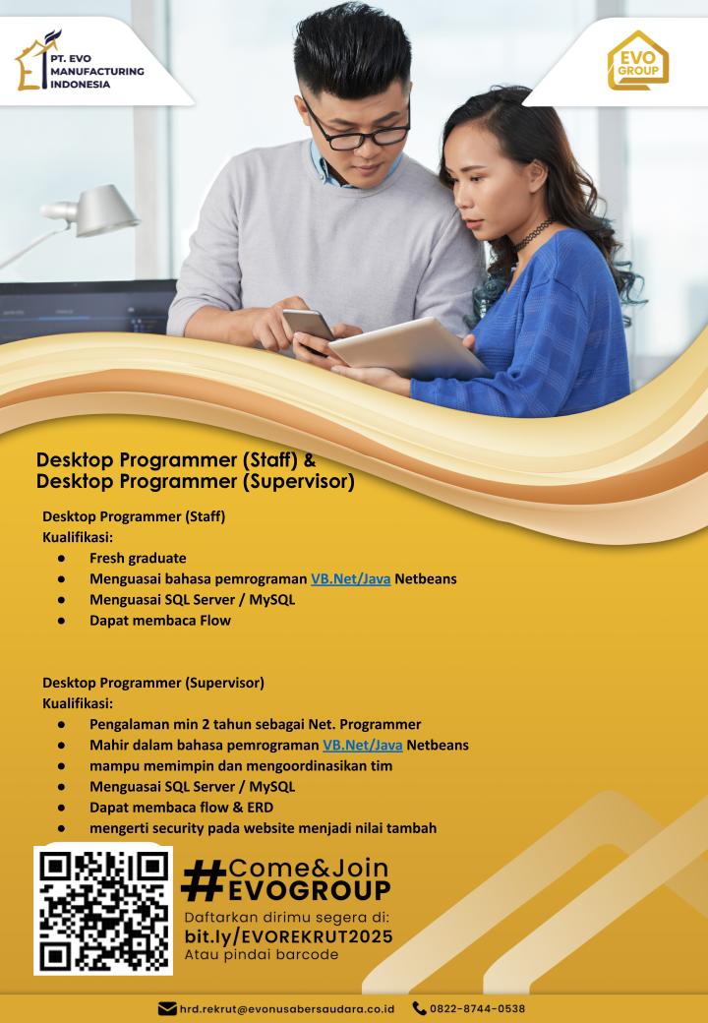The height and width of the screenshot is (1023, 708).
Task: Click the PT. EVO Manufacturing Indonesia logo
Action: [x=79, y=61]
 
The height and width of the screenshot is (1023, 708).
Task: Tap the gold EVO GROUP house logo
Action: [x=638, y=60]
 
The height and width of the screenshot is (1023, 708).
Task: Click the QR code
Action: [x=103, y=911]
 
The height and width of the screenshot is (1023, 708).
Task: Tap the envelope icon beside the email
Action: [x=167, y=1008]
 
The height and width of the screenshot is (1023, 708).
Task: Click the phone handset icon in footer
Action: [x=419, y=1008]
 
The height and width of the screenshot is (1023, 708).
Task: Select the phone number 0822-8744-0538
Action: [x=477, y=1008]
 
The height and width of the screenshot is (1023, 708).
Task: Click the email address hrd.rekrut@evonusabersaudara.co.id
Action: [x=287, y=1008]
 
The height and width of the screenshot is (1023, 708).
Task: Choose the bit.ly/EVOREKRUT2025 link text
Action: [x=288, y=936]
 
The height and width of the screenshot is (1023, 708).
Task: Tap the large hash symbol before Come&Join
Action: [x=204, y=880]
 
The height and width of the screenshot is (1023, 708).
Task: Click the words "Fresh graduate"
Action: [x=138, y=558]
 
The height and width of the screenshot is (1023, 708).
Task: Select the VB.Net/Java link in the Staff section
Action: [x=351, y=578]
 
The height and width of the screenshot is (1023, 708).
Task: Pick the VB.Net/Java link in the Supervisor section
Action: [x=363, y=745]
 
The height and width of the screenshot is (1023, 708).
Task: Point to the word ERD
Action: [x=261, y=807]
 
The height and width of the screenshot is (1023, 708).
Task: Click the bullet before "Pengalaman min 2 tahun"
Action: [x=61, y=724]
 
